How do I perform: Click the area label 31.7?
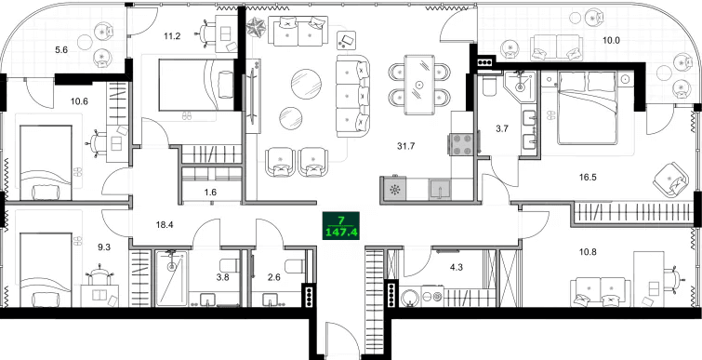pos(405,146)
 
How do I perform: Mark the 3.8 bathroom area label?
pos(223,277)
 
